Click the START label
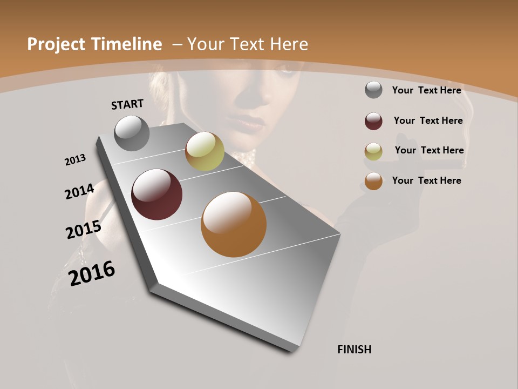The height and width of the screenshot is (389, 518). point(127,104)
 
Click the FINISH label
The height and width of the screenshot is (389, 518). point(355,350)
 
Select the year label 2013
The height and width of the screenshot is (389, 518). point(75,160)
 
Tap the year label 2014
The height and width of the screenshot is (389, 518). point(79,192)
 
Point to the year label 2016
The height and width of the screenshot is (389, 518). point(92,273)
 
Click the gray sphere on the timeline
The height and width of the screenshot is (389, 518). point(132,133)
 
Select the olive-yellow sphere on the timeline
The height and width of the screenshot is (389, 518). point(205,151)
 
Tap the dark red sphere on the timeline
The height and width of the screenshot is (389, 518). point(157,194)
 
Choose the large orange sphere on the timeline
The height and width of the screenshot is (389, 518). point(234,224)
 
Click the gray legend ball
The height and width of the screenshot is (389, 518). point(373,90)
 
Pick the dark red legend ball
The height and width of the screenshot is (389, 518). point(373,121)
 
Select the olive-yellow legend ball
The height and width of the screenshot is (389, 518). point(373,151)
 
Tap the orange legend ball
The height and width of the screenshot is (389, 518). point(373,181)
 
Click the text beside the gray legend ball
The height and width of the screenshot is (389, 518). point(426,90)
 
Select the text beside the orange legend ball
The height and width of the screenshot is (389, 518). point(426,180)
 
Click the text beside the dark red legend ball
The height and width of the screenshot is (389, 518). point(428,120)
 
